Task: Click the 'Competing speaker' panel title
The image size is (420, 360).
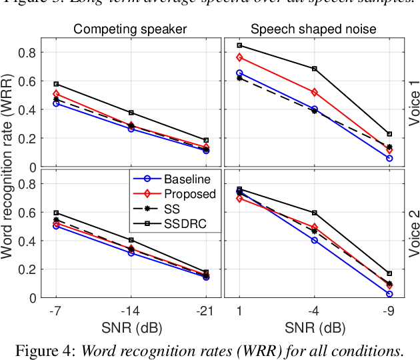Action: pos(129,29)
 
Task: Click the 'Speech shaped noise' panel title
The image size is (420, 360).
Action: pos(313,29)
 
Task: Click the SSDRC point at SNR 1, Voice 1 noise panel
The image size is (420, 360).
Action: pos(239,45)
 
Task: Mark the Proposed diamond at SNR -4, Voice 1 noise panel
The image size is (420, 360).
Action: pos(315,92)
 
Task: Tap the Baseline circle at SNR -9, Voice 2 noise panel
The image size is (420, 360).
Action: pos(389,294)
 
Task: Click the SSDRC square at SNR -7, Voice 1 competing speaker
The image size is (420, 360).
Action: pos(56,84)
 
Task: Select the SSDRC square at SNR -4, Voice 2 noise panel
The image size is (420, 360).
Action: pos(315,213)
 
